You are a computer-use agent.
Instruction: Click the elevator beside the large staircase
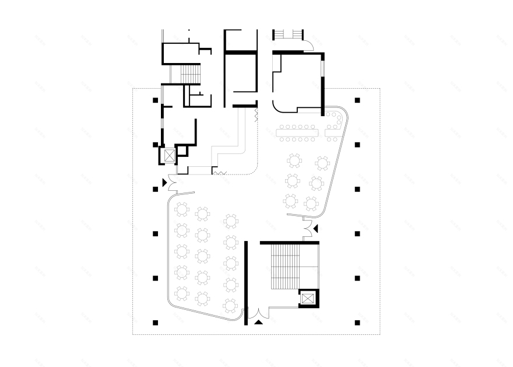[x=307, y=299]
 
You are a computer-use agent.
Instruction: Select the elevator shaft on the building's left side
[x=168, y=156]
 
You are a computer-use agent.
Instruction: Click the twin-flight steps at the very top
[x=288, y=33]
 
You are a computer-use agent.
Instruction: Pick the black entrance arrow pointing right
[x=164, y=183]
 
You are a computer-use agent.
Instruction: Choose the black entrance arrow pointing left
[x=316, y=228]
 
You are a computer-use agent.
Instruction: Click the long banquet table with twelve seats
[x=297, y=133]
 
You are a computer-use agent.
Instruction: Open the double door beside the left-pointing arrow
[x=307, y=227]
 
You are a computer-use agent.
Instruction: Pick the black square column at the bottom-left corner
[x=155, y=322]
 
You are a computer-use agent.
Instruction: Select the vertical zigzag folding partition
[x=256, y=115]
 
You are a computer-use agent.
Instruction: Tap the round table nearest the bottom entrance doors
[x=231, y=305]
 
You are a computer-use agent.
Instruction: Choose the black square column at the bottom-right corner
[x=357, y=322]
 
